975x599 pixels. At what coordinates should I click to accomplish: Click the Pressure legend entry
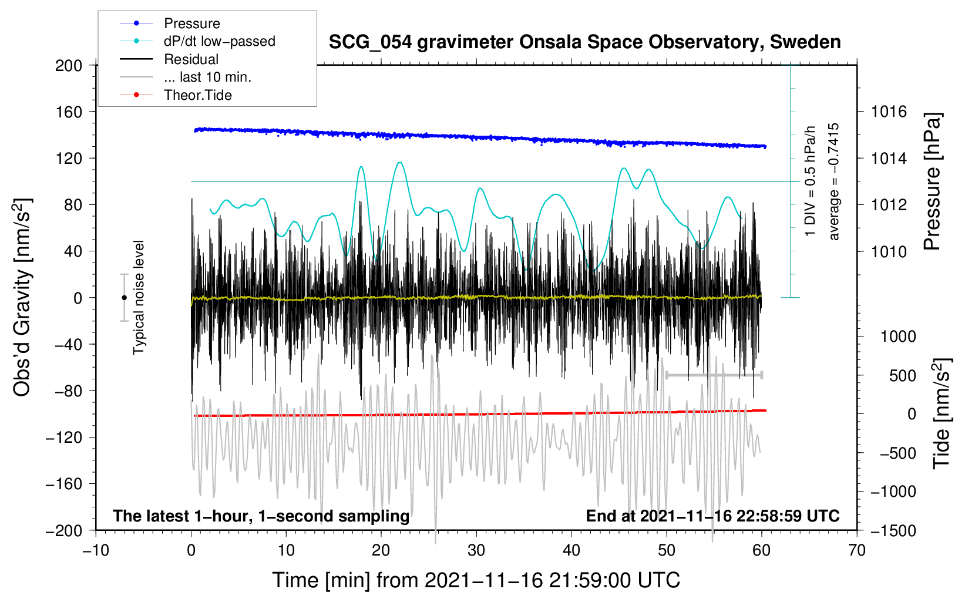(170, 23)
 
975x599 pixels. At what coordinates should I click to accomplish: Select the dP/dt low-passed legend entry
(197, 41)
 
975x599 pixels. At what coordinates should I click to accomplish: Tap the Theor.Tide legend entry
(176, 95)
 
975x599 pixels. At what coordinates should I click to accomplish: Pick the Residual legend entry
(169, 59)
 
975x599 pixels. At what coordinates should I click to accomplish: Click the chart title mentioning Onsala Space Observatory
(584, 42)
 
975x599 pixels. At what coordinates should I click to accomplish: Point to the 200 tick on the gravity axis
(69, 65)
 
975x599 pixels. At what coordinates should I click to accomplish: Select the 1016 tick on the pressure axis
(889, 112)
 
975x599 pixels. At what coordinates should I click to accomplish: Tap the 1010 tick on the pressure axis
(889, 251)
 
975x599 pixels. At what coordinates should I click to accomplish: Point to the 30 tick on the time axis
(476, 550)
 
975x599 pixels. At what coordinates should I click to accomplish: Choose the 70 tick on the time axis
(856, 550)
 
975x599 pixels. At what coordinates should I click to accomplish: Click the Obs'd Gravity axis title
(22, 297)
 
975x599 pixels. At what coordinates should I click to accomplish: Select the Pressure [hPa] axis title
(932, 181)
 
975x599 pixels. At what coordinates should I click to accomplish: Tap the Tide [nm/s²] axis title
(942, 413)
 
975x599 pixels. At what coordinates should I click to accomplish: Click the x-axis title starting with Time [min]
(476, 580)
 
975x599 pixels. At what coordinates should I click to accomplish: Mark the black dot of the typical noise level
(124, 298)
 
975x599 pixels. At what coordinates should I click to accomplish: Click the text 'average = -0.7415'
(833, 181)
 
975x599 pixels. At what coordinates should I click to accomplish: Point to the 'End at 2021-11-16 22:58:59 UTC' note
(712, 516)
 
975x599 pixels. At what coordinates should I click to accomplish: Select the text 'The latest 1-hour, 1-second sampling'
(261, 516)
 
